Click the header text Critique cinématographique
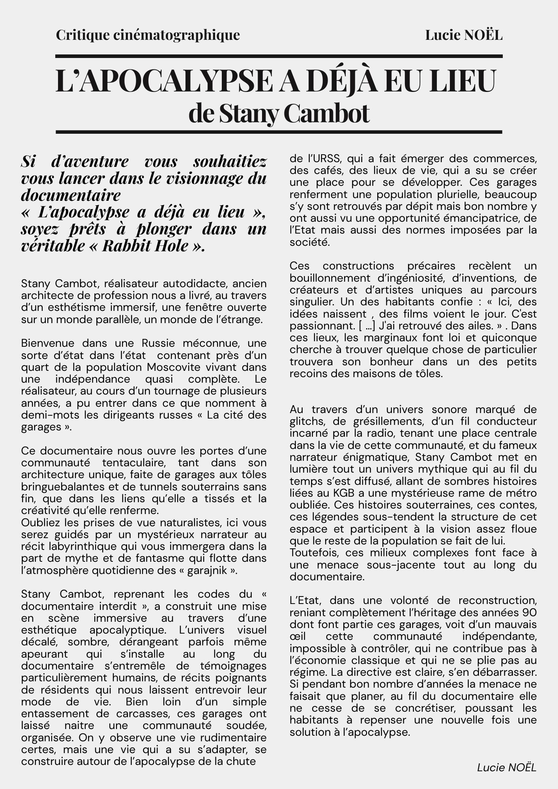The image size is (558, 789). coord(148,35)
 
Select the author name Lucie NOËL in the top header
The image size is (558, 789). coord(464,35)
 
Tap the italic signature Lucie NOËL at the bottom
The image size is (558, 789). coord(507,767)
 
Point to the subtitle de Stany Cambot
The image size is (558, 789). coord(279,114)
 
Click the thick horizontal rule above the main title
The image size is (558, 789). coord(279,56)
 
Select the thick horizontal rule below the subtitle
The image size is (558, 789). coord(279,132)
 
